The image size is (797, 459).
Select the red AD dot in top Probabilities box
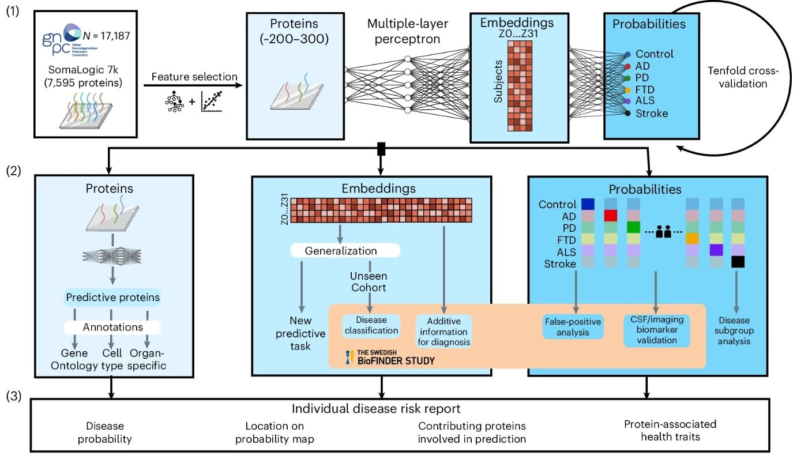(627, 66)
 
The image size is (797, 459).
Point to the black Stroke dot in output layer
(627, 114)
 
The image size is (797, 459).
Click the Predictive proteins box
(112, 298)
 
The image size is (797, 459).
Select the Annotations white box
(112, 327)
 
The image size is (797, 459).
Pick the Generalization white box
(345, 251)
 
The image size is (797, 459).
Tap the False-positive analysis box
(573, 326)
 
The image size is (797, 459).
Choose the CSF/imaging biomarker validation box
(657, 330)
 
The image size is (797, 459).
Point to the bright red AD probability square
(611, 216)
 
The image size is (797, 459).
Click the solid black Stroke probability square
(738, 262)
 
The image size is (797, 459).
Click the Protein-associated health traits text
(670, 430)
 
